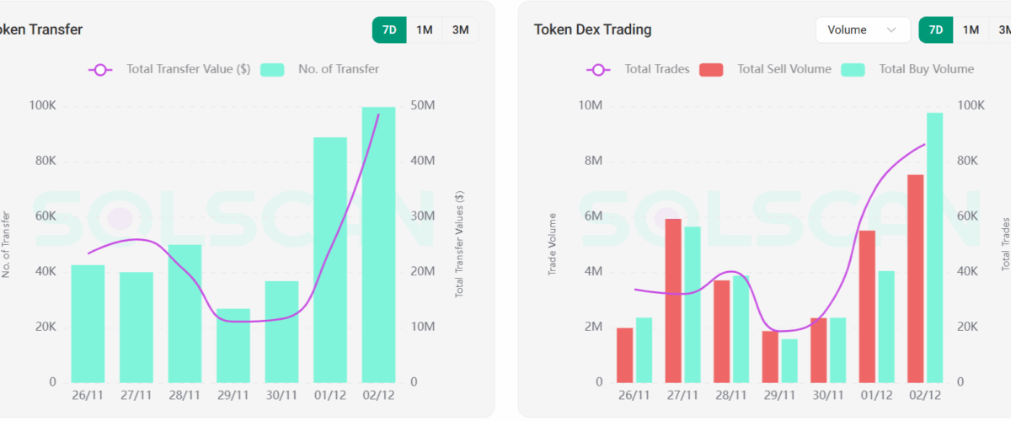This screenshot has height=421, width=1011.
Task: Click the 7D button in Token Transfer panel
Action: click(x=389, y=30)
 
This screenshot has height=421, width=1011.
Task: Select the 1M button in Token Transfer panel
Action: click(x=425, y=30)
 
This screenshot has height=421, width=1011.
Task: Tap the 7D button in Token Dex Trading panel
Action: click(x=936, y=30)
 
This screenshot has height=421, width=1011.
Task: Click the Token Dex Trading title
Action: click(x=592, y=30)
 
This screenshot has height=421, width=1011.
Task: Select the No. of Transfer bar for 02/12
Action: click(x=378, y=244)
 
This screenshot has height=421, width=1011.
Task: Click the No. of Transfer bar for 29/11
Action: click(x=233, y=345)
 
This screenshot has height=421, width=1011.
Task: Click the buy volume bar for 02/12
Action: click(x=935, y=248)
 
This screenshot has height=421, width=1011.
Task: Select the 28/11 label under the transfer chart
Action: click(x=185, y=395)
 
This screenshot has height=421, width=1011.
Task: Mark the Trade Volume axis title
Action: click(x=553, y=244)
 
